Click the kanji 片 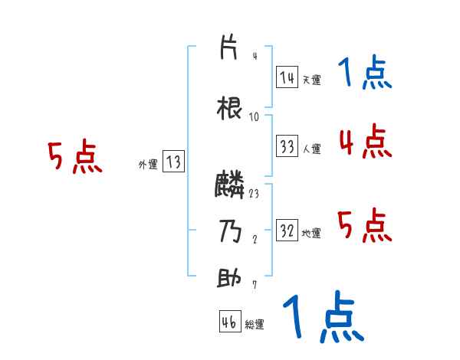(x=229, y=47)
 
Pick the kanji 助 (x=229, y=277)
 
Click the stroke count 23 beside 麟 (x=254, y=194)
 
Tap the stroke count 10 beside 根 (x=254, y=117)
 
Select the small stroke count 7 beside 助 (x=254, y=286)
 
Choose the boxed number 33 (x=287, y=147)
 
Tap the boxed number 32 (x=287, y=231)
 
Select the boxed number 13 (x=172, y=162)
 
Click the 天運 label (x=311, y=79)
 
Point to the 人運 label (x=311, y=149)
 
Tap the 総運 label (x=255, y=324)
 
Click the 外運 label (x=148, y=164)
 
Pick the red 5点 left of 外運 (x=74, y=158)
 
